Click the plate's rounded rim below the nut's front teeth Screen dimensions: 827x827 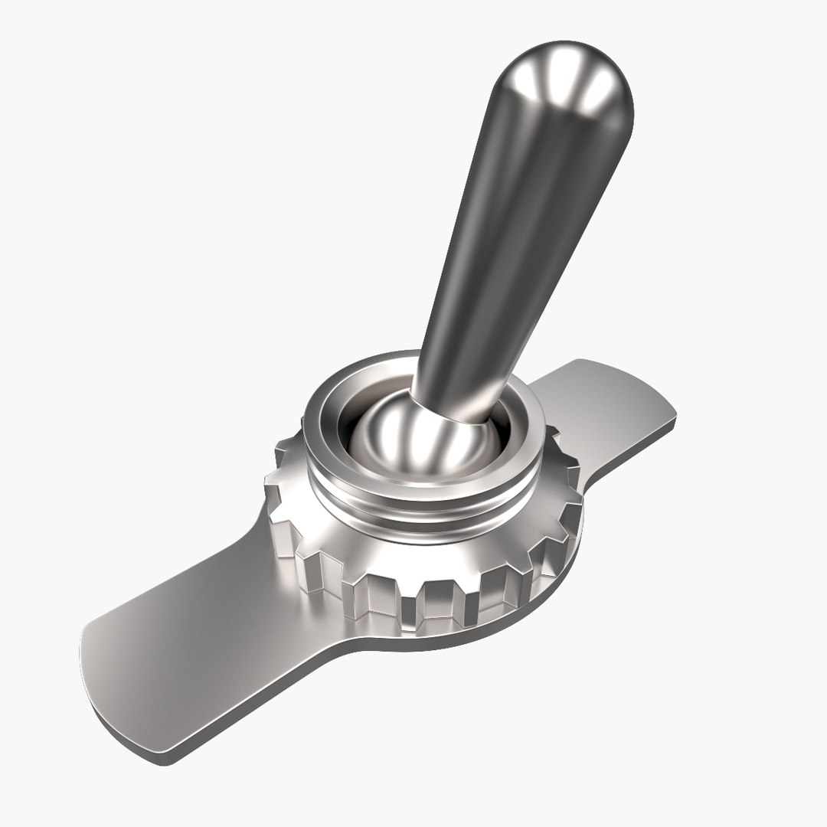click(459, 636)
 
